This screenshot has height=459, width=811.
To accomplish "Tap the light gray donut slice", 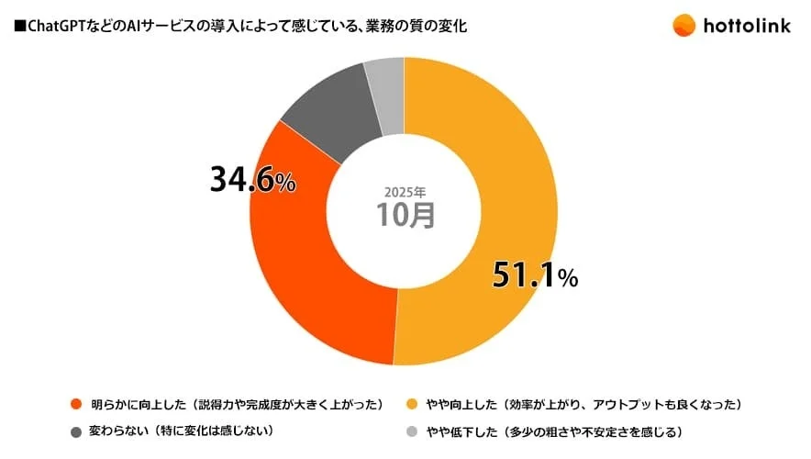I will [385, 83].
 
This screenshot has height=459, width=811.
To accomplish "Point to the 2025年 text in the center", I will [404, 192].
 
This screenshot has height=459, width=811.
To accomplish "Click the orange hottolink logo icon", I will [683, 25].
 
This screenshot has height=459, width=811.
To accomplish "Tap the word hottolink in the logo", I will [749, 26].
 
